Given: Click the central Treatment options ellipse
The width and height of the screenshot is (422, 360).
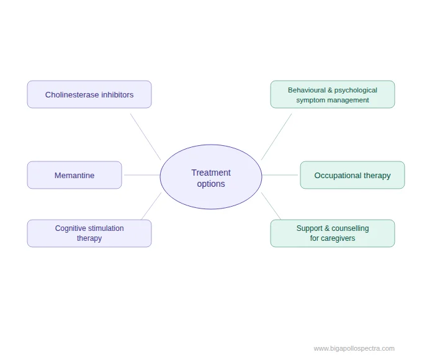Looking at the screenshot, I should pos(211,177).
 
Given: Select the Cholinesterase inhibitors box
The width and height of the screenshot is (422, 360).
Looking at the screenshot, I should pos(89,94).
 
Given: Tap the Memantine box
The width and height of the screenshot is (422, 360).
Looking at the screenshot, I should pos(74,175).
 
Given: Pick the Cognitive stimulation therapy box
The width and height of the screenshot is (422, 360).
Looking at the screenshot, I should pos(89,233).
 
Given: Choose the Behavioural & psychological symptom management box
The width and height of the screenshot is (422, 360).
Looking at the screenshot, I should pos(333,94).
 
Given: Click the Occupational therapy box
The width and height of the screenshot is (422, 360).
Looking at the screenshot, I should pos(352,175).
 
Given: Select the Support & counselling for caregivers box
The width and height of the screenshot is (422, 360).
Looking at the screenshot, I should pos(333,233).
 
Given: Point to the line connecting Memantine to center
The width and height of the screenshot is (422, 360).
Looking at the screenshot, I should pos(141,175).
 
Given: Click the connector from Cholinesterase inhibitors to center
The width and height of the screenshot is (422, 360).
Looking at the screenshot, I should pos(145,137).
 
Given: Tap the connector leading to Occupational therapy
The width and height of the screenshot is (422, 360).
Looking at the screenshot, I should pos(281,175).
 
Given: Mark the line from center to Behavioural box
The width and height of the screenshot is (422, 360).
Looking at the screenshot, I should pos(277,137).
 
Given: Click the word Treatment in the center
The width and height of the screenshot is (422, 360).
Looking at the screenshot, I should pos(211,173).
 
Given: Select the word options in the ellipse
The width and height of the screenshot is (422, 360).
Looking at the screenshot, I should pos(211,184).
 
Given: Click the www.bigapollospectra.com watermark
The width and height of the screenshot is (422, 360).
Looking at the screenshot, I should pos(354,348).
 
